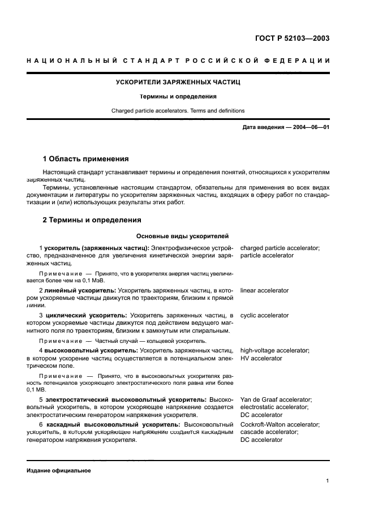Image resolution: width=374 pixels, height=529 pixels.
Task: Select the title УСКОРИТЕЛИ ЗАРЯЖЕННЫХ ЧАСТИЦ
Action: [178, 83]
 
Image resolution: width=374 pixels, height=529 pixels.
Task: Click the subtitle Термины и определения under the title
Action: [178, 96]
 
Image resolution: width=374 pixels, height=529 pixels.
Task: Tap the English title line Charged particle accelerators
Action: [178, 110]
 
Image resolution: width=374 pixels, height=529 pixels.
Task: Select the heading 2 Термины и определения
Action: [92, 220]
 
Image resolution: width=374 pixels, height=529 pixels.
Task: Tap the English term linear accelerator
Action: [264, 290]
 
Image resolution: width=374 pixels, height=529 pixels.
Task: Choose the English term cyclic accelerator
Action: [264, 315]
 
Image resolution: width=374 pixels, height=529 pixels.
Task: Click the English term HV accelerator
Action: [261, 358]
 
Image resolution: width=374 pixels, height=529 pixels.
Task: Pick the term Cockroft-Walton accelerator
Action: [280, 424]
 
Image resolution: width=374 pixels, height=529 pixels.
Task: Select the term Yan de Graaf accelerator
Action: [276, 399]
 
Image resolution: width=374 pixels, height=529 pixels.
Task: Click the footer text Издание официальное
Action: [58, 470]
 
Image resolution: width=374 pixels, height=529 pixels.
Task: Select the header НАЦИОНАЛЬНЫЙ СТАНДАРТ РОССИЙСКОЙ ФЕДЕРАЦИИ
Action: [178, 61]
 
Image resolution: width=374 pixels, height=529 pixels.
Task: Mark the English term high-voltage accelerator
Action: [274, 350]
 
